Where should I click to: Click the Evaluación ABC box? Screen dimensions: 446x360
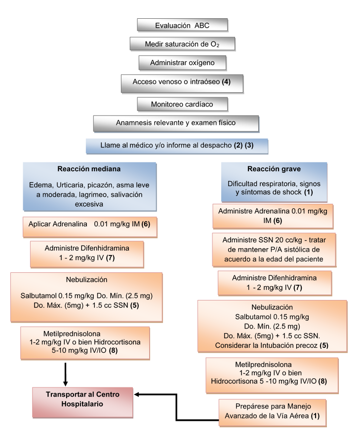click(182, 25)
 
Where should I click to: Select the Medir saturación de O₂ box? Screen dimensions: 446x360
click(182, 44)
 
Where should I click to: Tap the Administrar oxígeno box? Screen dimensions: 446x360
click(182, 63)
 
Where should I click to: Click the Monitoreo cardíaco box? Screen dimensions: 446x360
click(182, 104)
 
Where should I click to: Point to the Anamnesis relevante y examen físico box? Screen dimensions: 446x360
click(176, 123)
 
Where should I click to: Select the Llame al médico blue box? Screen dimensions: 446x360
click(176, 146)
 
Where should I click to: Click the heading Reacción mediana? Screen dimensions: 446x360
click(89, 169)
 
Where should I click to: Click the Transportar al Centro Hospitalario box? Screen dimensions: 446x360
click(82, 399)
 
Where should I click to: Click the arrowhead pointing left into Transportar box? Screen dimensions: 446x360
click(138, 394)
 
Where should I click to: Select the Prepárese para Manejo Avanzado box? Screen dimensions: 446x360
click(272, 411)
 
